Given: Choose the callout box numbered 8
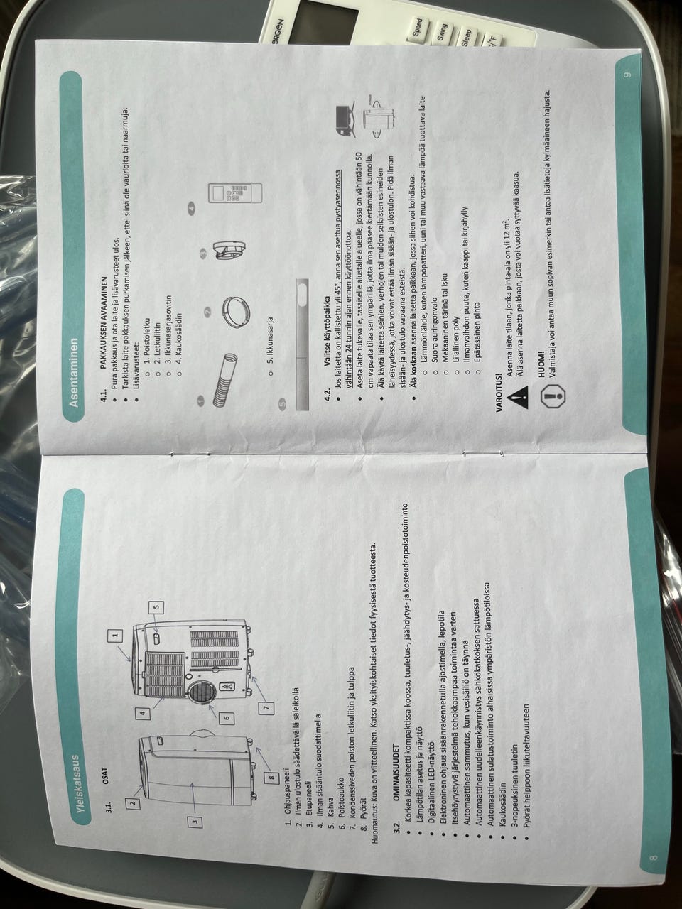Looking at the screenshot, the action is pyautogui.click(x=271, y=778).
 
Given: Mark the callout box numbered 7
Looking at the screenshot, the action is pyautogui.click(x=266, y=707).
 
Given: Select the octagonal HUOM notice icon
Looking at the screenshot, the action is pyautogui.click(x=553, y=396).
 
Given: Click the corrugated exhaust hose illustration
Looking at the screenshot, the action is pyautogui.click(x=225, y=379).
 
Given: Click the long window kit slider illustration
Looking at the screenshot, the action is pyautogui.click(x=303, y=344).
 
